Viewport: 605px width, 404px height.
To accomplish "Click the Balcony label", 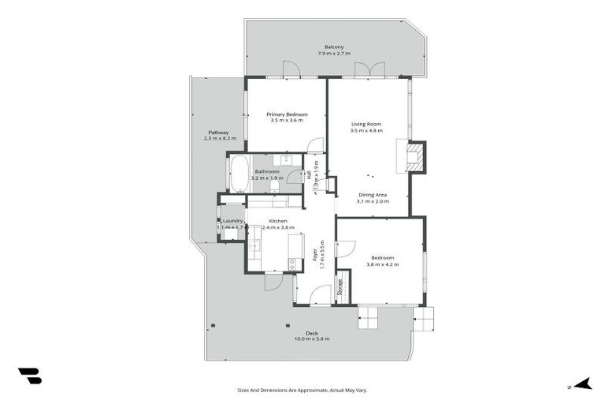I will [x=334, y=47].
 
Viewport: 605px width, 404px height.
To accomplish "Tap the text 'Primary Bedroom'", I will [x=287, y=114].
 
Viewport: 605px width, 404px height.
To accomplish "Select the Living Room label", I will [x=366, y=124].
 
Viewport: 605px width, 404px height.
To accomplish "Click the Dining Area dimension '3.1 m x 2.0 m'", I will [x=373, y=201].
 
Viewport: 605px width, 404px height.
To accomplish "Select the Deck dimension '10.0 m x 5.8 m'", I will [x=312, y=339].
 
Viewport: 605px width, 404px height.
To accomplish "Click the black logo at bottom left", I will [x=29, y=376].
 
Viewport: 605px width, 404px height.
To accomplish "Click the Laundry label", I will [x=232, y=221].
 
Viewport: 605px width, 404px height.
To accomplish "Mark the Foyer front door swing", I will [x=320, y=295].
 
